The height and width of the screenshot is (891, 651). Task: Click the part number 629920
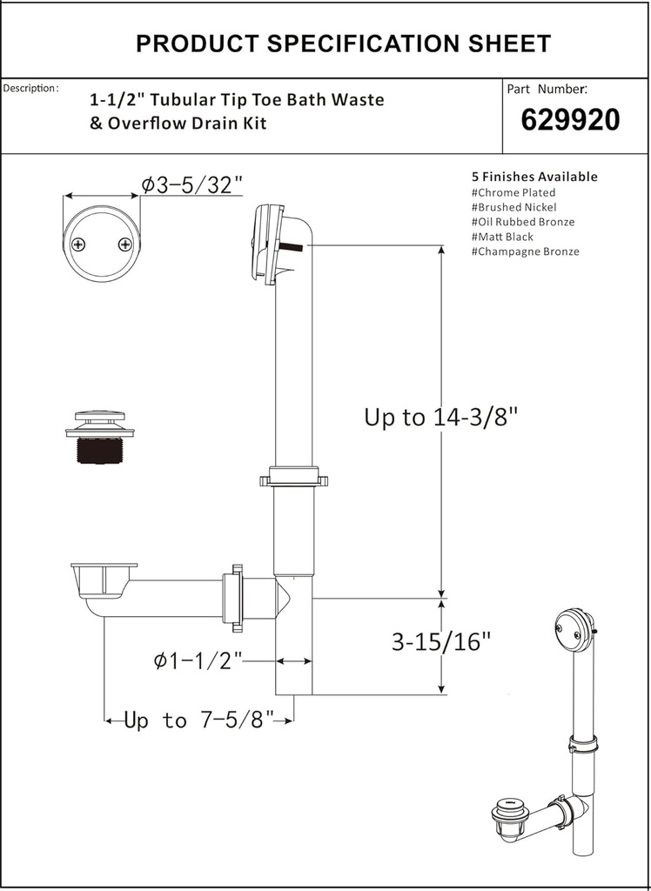570,120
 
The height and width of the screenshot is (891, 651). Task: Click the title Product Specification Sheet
343,44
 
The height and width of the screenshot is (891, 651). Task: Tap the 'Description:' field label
30,89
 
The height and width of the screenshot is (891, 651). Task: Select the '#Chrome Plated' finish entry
513,192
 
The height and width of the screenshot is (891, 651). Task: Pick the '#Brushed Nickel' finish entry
513,207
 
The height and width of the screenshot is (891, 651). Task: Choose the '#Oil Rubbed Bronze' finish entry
522,222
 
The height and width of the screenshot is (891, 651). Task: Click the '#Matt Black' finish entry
502,237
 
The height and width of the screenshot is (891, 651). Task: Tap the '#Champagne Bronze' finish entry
525,251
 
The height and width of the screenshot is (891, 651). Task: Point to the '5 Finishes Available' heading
534,177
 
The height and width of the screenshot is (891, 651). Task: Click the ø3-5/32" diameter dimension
191,184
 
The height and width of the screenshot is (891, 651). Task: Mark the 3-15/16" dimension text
441,643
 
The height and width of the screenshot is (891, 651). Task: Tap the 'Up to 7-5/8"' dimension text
198,720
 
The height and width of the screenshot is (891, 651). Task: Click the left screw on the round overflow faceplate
79,245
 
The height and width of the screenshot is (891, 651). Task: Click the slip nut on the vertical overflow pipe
292,478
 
